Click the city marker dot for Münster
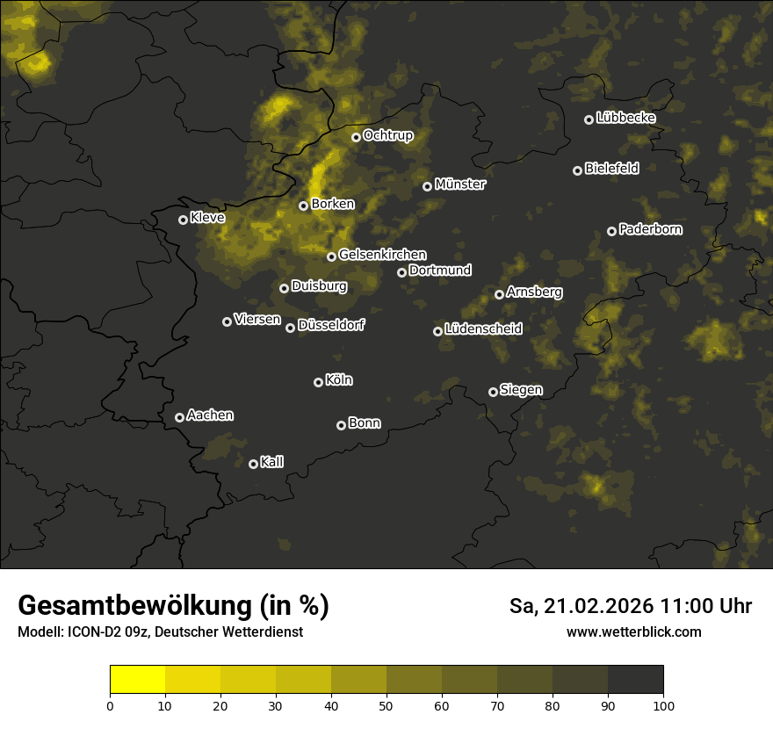coord(428,186)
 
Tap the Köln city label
coord(339,380)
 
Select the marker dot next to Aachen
coord(180,417)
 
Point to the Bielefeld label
coord(611,168)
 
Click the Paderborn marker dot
coord(612,231)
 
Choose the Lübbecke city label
coord(625,118)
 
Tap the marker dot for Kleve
coord(184,220)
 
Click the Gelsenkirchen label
coord(382,255)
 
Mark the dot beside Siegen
coord(494,392)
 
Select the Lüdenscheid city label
coord(483,329)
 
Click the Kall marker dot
coord(254,464)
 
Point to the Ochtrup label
coord(387,135)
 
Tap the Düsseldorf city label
coord(331,325)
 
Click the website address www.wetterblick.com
coord(633,632)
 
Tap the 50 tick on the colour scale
coord(386,705)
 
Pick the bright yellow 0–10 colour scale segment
coord(138,679)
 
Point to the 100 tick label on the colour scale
coord(663,705)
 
